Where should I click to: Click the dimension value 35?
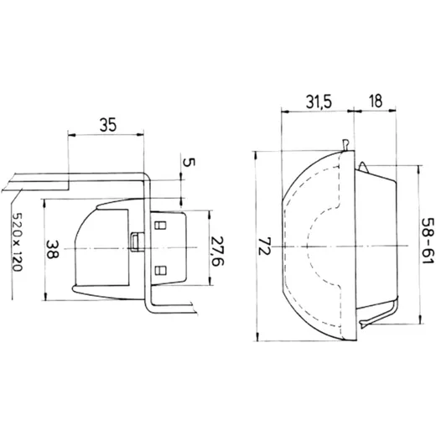coord(108,125)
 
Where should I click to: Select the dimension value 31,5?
coord(319,101)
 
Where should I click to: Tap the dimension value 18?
coord(376,101)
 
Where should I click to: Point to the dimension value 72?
coord(265,246)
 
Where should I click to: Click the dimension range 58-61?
coord(428,241)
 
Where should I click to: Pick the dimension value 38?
coord(52,249)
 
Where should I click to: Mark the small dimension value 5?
coord(189,162)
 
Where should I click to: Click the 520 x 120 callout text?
coord(18,242)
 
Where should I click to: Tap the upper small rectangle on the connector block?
coord(160,226)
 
